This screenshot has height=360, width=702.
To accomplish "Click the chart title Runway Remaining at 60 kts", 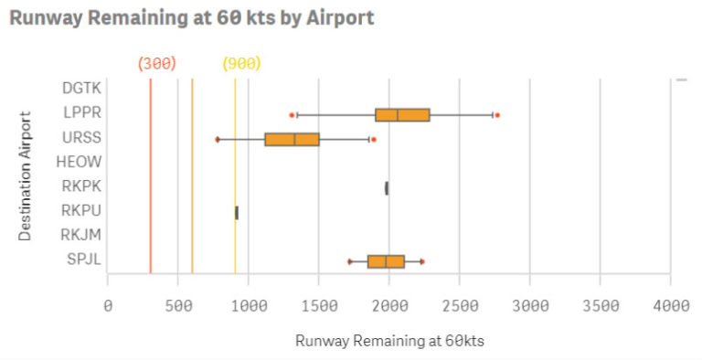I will click(191, 18).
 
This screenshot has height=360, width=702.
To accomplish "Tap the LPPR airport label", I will click(82, 113).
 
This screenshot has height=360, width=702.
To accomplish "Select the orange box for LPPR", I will click(401, 114).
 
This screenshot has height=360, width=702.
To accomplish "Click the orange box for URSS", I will click(292, 139).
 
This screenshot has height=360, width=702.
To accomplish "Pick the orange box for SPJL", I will click(385, 261).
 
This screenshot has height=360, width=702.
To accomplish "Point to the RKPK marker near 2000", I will click(387, 188).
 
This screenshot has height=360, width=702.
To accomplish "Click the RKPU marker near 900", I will click(237, 213).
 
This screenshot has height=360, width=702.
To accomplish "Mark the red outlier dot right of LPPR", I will click(496, 115).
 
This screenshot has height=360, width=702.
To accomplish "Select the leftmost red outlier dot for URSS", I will click(218, 139).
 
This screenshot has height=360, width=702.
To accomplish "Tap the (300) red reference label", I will click(156, 63).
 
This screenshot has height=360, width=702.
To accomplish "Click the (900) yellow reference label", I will click(241, 63).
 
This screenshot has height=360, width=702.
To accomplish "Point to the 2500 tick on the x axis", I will click(459, 304).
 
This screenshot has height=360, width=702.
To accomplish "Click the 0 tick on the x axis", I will click(108, 304).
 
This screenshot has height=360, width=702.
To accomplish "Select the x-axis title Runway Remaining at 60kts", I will click(388, 341).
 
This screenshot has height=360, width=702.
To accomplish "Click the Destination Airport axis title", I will click(26, 175).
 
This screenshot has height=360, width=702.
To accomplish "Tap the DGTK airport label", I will click(82, 89).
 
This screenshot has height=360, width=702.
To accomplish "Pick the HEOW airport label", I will click(81, 163).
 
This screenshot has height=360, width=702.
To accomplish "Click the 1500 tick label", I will click(318, 304).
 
